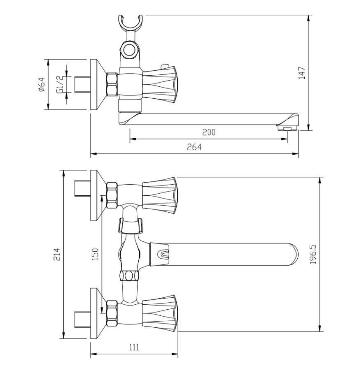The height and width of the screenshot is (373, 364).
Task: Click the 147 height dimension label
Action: click(x=302, y=73)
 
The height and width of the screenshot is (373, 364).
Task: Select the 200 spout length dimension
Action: click(x=209, y=132)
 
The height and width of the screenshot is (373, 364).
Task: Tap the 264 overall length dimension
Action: click(x=194, y=147)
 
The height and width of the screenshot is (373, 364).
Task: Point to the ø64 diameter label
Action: click(x=42, y=84)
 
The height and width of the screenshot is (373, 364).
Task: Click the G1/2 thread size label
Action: click(x=59, y=84)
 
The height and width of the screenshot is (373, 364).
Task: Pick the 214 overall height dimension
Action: click(x=57, y=254)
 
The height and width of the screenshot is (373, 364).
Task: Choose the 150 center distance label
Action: click(x=95, y=254)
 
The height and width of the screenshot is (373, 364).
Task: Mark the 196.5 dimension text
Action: click(x=313, y=254)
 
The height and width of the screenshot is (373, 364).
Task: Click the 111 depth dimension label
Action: click(x=134, y=348)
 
